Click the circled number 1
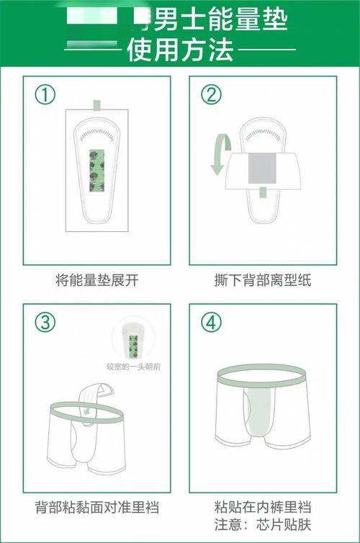pyautogui.click(x=46, y=95)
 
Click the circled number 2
pyautogui.click(x=212, y=95)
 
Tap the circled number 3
pyautogui.click(x=46, y=323)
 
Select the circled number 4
pyautogui.click(x=212, y=323)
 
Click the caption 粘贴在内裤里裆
pyautogui.click(x=263, y=506)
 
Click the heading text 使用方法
pyautogui.click(x=180, y=50)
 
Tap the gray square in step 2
pyautogui.click(x=263, y=169)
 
